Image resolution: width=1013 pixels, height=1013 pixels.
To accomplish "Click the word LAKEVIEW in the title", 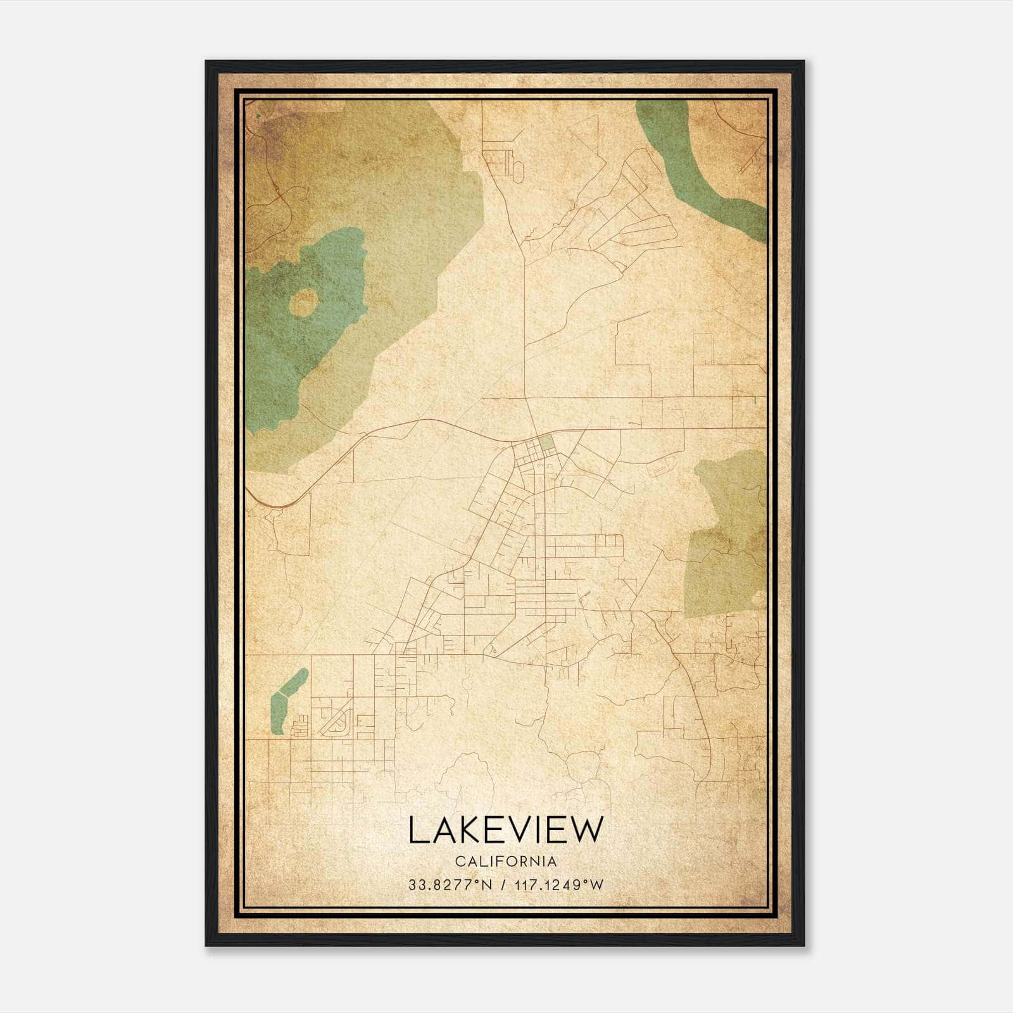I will pos(506,830).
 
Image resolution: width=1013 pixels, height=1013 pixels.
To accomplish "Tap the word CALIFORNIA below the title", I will pos(506,861).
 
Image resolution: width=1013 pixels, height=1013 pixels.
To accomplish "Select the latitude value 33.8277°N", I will pos(450,885).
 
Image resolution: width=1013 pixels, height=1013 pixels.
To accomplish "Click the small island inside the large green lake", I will pos(303,303).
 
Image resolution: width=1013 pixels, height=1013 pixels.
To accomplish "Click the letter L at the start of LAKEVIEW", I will pos(416,830).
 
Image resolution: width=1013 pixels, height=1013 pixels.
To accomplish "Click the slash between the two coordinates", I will pos(503,885).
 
